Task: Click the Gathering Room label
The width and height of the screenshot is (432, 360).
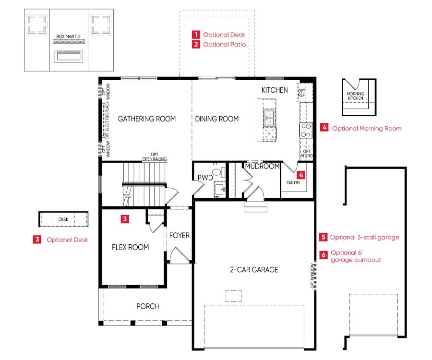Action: coord(146,119)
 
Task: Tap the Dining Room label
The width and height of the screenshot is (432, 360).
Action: coord(217,119)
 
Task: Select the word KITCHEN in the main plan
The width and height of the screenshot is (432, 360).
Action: coord(275,90)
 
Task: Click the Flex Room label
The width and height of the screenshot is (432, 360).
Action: coord(130,247)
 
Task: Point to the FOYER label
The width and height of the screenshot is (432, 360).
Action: coord(180,236)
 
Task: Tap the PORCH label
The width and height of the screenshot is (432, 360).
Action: coord(148,306)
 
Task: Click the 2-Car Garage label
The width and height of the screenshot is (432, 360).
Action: coord(254,270)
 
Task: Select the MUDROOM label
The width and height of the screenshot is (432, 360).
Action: coord(262,166)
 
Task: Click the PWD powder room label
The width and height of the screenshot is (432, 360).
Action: coord(205,178)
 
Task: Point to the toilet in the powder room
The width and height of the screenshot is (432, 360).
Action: coord(218,172)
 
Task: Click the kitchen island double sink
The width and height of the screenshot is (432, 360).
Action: coord(269,118)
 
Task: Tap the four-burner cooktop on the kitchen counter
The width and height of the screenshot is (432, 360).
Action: coord(306,130)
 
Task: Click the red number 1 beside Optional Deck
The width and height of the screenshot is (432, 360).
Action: coord(196,35)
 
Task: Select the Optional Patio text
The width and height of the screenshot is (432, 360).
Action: coord(224,44)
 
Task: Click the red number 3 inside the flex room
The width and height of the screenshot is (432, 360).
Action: coord(125,219)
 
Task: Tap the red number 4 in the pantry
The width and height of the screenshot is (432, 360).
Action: coord(301,175)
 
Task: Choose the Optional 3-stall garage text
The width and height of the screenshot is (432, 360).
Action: coord(364,238)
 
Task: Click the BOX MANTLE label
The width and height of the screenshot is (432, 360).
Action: coord(68,36)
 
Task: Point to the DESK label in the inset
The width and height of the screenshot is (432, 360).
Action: coord(63,219)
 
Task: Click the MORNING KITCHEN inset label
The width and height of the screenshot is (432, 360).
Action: coord(355,96)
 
